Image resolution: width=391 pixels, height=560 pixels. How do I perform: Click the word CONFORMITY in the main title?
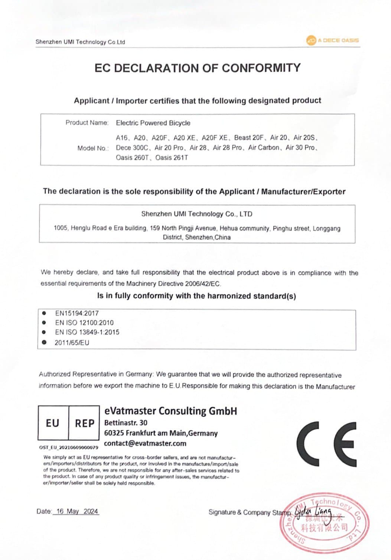pyautogui.click(x=261, y=68)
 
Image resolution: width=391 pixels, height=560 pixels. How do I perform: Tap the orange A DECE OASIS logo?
pyautogui.click(x=333, y=40)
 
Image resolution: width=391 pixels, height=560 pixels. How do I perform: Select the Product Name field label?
pyautogui.click(x=87, y=123)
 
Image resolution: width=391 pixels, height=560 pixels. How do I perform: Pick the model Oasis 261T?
pyautogui.click(x=172, y=158)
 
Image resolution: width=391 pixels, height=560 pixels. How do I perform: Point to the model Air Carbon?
pyautogui.click(x=264, y=148)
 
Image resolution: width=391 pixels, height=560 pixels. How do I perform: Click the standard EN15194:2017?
pyautogui.click(x=77, y=313)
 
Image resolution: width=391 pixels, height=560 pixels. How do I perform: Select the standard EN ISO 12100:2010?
pyautogui.click(x=84, y=323)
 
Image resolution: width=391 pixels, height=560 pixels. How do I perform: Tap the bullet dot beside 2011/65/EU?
pyautogui.click(x=45, y=342)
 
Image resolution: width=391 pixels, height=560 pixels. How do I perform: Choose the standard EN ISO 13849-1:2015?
pyautogui.click(x=87, y=332)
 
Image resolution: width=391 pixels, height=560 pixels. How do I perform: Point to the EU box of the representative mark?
pyautogui.click(x=53, y=423)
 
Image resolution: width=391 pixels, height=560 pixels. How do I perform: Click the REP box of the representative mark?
pyautogui.click(x=84, y=423)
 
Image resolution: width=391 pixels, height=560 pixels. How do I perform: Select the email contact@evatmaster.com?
pyautogui.click(x=145, y=443)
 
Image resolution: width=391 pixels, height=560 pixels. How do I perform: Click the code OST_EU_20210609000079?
pyautogui.click(x=69, y=447)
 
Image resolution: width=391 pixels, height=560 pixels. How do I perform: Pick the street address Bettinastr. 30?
pyautogui.click(x=126, y=423)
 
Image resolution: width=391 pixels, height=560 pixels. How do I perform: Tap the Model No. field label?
pyautogui.click(x=93, y=148)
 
